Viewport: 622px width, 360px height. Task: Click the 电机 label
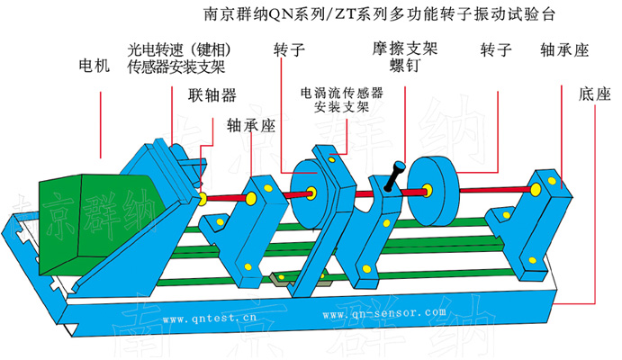click(94, 66)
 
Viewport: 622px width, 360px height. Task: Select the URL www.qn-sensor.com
click(383, 314)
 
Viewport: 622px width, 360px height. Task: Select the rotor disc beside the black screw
click(432, 190)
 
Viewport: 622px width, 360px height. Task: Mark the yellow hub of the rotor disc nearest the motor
click(311, 191)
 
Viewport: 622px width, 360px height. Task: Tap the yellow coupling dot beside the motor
click(204, 197)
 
